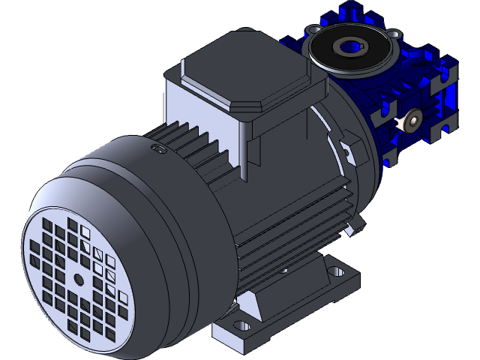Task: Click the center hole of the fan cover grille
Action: (x=79, y=279)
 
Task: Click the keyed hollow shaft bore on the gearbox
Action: (x=349, y=47)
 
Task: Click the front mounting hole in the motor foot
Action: (x=241, y=327)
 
